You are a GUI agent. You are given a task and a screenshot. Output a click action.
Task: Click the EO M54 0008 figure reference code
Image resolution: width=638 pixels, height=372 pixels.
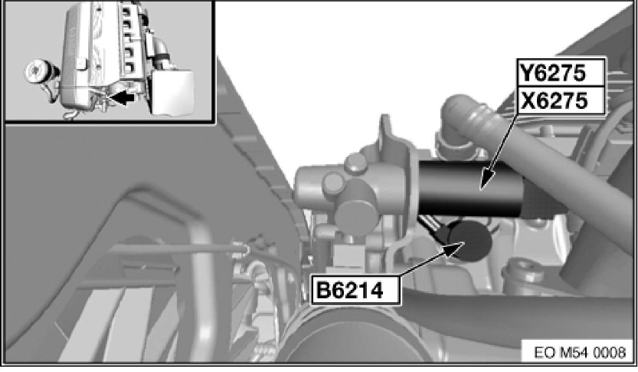(x=579, y=352)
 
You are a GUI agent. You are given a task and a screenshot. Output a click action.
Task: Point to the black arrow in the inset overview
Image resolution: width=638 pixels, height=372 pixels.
(x=122, y=97)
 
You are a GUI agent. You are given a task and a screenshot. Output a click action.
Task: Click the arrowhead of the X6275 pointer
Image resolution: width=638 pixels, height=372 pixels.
(x=487, y=180)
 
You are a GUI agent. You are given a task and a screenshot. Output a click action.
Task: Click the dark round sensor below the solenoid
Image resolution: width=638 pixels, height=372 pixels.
(x=470, y=241)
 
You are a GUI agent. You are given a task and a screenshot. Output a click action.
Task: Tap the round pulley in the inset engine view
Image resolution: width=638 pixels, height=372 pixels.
(x=39, y=73)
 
